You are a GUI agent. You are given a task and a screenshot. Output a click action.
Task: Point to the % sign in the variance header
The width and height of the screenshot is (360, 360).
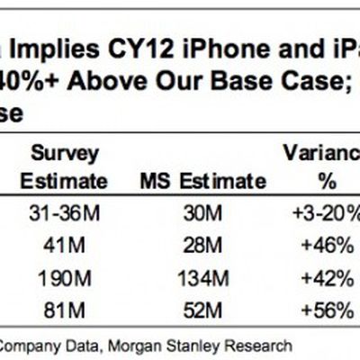pos(325,180)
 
